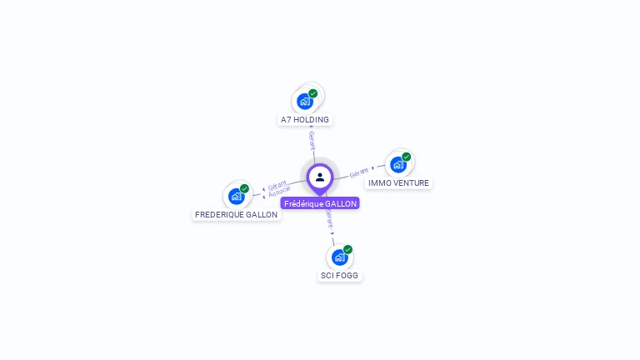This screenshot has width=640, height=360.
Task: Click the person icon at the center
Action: pyautogui.click(x=320, y=177)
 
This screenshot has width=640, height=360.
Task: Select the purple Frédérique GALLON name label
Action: pyautogui.click(x=320, y=203)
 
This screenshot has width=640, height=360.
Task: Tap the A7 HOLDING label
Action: pyautogui.click(x=305, y=119)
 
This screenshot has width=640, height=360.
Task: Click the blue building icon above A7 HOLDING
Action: pyautogui.click(x=305, y=102)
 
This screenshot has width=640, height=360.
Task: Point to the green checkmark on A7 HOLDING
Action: pyautogui.click(x=313, y=93)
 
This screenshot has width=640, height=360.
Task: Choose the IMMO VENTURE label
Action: pyautogui.click(x=398, y=182)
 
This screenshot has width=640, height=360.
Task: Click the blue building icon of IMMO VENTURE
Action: pyautogui.click(x=398, y=165)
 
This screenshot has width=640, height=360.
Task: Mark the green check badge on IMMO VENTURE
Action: pyautogui.click(x=407, y=157)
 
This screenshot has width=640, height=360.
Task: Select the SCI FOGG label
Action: pyautogui.click(x=340, y=275)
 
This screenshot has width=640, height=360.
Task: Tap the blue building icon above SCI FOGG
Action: pyautogui.click(x=339, y=257)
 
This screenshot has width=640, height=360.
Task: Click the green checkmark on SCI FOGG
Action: pyautogui.click(x=348, y=249)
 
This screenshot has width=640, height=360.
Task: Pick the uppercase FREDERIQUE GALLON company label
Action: pyautogui.click(x=236, y=214)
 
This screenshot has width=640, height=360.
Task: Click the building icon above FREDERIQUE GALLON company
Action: pyautogui.click(x=237, y=197)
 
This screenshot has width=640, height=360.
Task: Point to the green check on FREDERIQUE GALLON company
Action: pyautogui.click(x=245, y=188)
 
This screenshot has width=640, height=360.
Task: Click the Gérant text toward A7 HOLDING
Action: pyautogui.click(x=312, y=140)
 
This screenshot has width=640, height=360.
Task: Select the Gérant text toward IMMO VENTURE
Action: pyautogui.click(x=359, y=172)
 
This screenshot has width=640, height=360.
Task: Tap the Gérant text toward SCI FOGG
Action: pyautogui.click(x=329, y=219)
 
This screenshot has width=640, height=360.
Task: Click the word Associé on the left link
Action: pyautogui.click(x=280, y=192)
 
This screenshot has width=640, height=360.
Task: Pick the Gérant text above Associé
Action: pyautogui.click(x=277, y=185)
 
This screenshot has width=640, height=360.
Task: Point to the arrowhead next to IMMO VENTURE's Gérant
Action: pyautogui.click(x=372, y=167)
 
